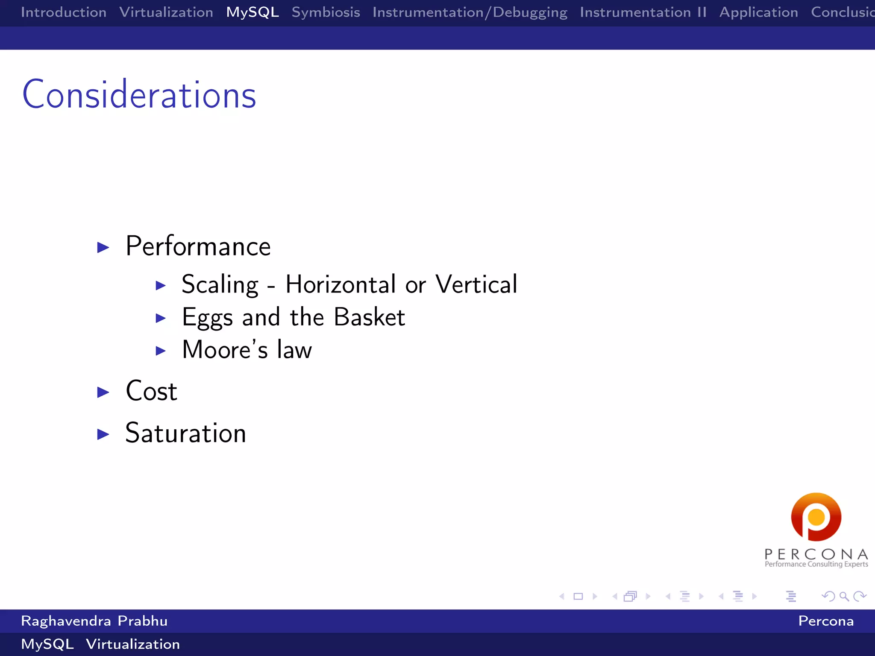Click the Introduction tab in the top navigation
click(x=64, y=12)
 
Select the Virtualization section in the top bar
click(x=166, y=12)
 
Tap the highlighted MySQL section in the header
click(x=253, y=12)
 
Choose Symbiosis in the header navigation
click(x=326, y=12)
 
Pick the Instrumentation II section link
click(x=643, y=12)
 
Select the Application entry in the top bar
click(x=758, y=12)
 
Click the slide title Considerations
click(x=139, y=95)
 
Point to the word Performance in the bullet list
click(x=198, y=246)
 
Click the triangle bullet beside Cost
click(x=103, y=392)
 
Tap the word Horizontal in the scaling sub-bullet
click(x=341, y=284)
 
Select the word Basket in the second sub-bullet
click(x=369, y=317)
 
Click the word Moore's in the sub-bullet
click(x=225, y=350)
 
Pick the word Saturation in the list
click(x=186, y=433)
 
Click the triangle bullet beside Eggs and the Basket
click(x=161, y=318)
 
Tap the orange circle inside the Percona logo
click(x=816, y=517)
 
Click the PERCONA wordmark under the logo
click(x=816, y=554)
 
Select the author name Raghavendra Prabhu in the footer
click(x=94, y=621)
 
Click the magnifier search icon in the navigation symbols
click(x=844, y=597)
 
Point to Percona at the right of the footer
click(x=825, y=621)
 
